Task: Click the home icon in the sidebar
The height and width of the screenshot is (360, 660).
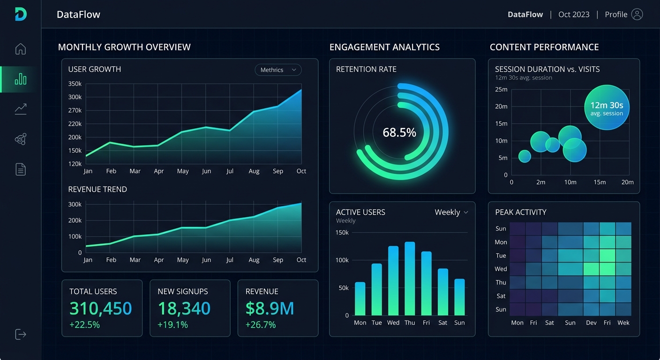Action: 21,49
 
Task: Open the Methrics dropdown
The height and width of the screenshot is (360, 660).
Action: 278,70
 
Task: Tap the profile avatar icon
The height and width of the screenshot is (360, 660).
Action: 637,14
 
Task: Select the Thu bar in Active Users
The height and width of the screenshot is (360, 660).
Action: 410,278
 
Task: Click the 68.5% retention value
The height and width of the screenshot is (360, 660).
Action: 399,133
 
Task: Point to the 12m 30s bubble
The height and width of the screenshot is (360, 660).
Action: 607,107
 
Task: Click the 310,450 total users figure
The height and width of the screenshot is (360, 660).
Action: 101,308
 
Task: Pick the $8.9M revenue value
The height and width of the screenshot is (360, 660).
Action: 270,308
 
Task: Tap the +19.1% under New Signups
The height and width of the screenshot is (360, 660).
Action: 172,325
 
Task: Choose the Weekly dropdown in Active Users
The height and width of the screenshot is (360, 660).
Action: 451,212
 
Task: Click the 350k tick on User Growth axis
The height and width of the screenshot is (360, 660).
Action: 75,84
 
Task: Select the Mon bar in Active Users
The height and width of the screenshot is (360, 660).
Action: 360,299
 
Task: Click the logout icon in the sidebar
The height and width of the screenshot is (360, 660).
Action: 21,334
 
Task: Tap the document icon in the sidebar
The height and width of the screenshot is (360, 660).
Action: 21,169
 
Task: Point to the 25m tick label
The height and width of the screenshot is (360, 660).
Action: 501,90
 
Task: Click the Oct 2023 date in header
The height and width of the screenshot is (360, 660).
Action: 574,15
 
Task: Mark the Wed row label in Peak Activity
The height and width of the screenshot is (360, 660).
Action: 501,269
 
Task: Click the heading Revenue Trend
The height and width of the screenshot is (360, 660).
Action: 97,189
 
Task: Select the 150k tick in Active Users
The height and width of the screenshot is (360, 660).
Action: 342,232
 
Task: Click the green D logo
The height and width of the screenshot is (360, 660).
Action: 21,14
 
